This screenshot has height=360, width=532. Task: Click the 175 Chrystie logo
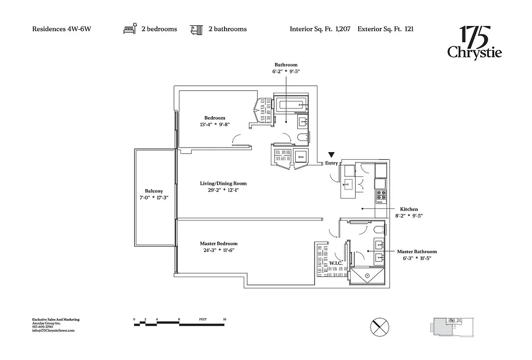(474, 43)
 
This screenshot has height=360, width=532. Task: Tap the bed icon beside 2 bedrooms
(130, 29)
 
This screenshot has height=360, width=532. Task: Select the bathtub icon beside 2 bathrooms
(196, 29)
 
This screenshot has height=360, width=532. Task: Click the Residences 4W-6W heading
(62, 29)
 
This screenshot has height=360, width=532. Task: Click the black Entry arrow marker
(331, 155)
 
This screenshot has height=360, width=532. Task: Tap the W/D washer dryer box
(300, 157)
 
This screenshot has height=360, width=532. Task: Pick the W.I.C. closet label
(336, 263)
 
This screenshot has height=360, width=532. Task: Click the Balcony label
(154, 191)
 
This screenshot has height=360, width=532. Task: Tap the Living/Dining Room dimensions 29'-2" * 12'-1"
(223, 190)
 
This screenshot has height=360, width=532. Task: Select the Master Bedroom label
(219, 243)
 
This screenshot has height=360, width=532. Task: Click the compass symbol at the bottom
(379, 326)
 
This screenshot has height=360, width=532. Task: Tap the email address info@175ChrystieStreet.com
(53, 330)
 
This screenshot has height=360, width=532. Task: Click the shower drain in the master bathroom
(368, 275)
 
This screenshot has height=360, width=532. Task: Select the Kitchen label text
(409, 209)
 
